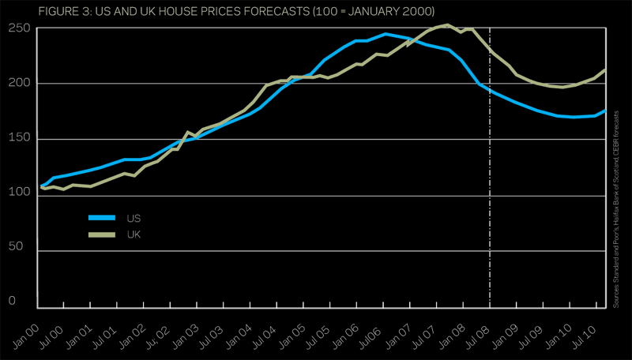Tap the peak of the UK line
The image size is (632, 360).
point(448,25)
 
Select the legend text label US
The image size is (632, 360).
point(134,218)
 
